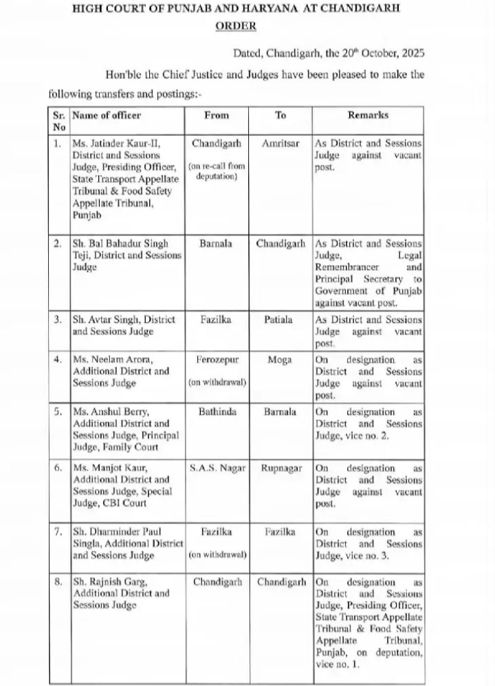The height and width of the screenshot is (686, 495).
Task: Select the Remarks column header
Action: pos(368,115)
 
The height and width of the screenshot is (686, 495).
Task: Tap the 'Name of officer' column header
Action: pos(106,115)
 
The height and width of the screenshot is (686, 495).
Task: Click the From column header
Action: pos(217,115)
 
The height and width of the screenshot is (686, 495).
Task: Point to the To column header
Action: pos(280,115)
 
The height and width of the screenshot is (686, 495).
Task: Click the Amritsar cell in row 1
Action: pos(280,144)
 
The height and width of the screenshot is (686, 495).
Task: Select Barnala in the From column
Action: pos(217,244)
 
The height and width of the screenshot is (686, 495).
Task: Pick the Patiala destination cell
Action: pos(280,320)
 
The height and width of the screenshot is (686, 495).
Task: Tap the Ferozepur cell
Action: pos(217,359)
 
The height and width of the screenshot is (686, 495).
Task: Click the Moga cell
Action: pos(280,359)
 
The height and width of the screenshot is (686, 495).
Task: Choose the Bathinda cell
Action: pos(217,411)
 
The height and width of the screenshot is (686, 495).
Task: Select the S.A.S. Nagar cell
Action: pos(217,468)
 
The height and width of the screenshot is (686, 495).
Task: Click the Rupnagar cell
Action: pos(280,468)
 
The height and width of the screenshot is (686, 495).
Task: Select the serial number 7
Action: pos(57,531)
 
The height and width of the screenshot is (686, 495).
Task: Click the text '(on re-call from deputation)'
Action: pos(217,170)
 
